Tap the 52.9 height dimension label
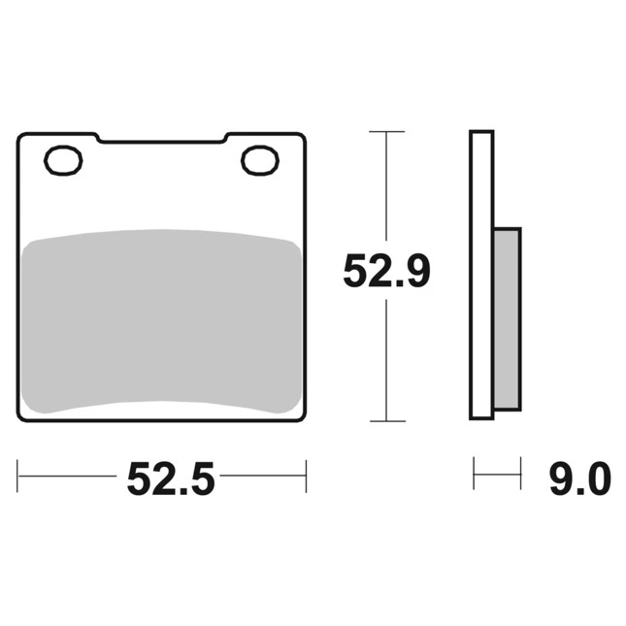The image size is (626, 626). pyautogui.click(x=387, y=271)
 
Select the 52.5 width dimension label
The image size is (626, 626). pyautogui.click(x=171, y=478)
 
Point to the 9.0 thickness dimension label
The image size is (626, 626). pyautogui.click(x=580, y=478)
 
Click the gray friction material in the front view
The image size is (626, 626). pyautogui.click(x=161, y=321)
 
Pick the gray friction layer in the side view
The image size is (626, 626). pyautogui.click(x=507, y=318)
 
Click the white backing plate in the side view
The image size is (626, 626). pyautogui.click(x=481, y=275)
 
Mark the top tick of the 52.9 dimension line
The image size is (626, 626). pyautogui.click(x=386, y=131)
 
